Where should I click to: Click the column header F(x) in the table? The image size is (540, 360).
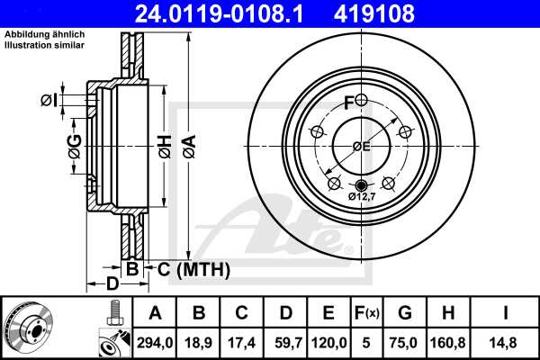pos(367,313)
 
